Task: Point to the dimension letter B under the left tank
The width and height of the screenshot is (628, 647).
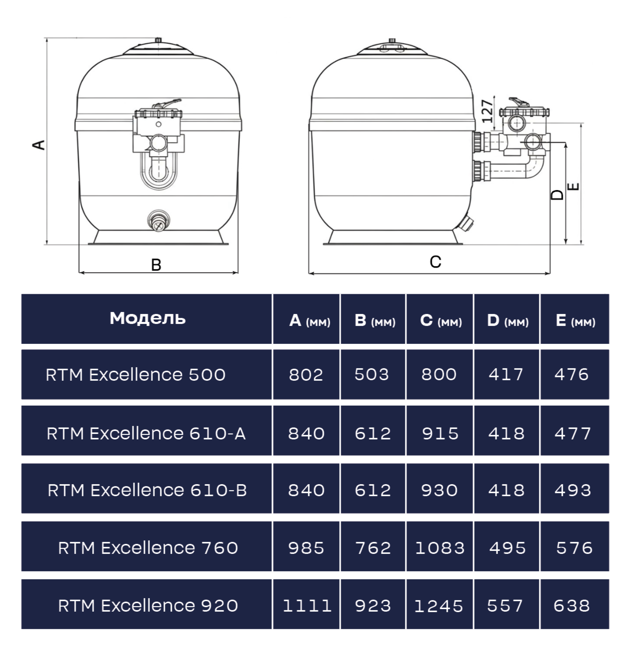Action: [156, 265]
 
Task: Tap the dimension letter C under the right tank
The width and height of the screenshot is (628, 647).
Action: [435, 262]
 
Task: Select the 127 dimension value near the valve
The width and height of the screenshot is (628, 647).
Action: [487, 111]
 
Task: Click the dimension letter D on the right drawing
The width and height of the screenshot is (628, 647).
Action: [557, 195]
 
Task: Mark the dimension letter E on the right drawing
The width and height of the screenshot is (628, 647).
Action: [573, 187]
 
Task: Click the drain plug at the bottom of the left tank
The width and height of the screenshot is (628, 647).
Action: [158, 220]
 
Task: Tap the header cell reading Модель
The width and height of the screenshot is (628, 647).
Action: [147, 318]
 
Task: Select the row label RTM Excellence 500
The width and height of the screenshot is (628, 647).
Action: [135, 375]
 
